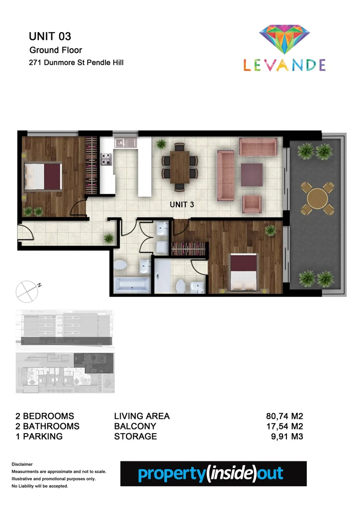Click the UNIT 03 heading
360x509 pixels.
click(50, 36)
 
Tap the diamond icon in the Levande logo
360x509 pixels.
click(285, 40)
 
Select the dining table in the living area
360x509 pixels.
click(179, 167)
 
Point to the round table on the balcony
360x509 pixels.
click(317, 198)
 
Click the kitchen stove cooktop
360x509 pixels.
click(107, 159)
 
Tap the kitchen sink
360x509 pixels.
click(126, 141)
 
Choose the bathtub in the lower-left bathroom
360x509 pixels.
click(132, 286)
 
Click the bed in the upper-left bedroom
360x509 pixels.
click(43, 175)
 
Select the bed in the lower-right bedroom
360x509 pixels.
click(243, 272)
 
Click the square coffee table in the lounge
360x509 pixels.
click(252, 174)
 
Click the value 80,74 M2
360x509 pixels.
click(284, 416)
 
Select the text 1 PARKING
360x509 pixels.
click(39, 436)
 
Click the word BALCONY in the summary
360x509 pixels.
click(135, 427)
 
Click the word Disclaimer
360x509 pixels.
click(22, 465)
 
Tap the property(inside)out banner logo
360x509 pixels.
click(213, 473)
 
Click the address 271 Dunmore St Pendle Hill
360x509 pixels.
click(76, 62)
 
